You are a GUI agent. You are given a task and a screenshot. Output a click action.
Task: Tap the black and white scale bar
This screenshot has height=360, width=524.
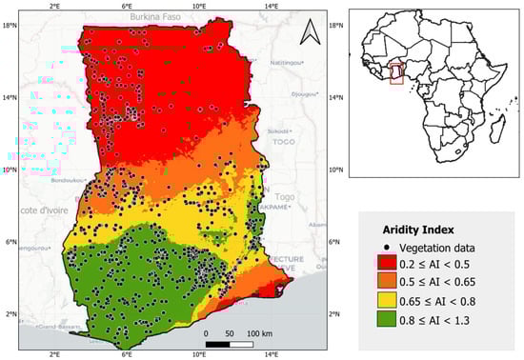click(230, 342)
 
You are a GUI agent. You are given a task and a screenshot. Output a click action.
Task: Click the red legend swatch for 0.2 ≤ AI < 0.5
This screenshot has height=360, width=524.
click(387, 265)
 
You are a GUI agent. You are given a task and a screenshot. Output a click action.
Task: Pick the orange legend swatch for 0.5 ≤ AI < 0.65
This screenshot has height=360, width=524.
click(387, 284)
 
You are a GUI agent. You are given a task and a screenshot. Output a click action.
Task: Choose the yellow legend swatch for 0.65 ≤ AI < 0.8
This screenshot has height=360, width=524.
click(387, 303)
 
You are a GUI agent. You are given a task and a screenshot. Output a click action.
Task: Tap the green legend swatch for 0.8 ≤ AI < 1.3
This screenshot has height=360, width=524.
click(387, 322)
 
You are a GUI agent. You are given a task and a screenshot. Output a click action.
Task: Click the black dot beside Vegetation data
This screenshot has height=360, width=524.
click(387, 248)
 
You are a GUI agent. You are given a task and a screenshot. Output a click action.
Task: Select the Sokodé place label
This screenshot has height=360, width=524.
click(278, 132)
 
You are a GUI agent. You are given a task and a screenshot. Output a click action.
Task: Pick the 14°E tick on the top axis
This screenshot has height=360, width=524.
click(271, 7)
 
